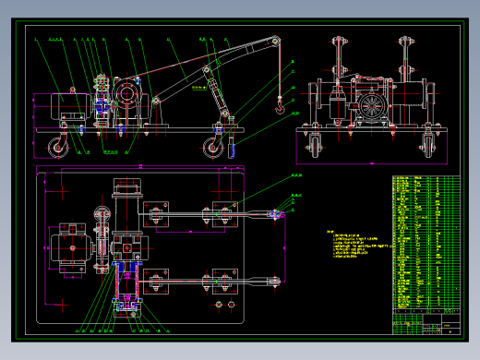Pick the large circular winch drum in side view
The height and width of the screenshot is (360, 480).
coord(126,94)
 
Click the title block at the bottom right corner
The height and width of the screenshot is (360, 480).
coord(425,322)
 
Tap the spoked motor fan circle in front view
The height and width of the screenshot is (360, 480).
coord(376,104)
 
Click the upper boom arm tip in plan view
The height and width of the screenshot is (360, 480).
coord(274,215)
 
